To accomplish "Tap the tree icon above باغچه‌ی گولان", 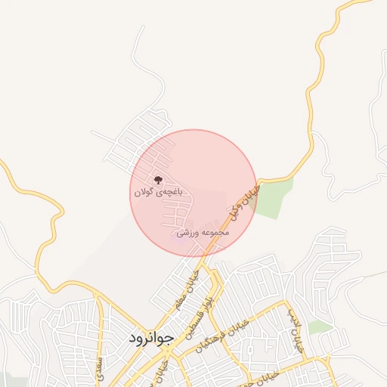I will click(157, 180).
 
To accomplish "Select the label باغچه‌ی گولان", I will click(158, 193).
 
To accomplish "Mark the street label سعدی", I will click(99, 365).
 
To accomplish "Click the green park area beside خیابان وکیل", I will click(274, 197).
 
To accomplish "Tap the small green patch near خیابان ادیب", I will click(320, 327).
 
